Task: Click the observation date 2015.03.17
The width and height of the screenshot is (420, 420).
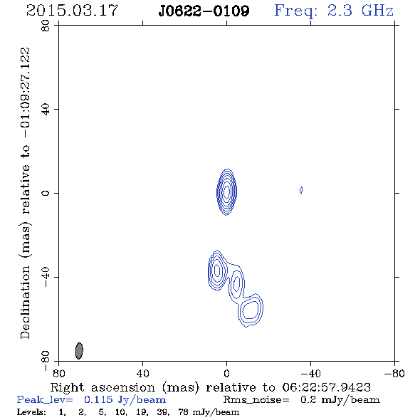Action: tap(72, 11)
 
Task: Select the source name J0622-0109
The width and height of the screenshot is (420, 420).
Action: tap(204, 11)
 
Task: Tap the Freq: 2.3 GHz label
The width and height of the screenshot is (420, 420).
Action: tap(334, 11)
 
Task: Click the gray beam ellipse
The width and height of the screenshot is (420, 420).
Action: tap(79, 351)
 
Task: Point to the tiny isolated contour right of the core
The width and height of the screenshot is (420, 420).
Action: tap(301, 190)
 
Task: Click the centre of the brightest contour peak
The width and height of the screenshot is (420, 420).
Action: tap(226, 191)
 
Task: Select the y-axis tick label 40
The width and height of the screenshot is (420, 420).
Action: tap(46, 110)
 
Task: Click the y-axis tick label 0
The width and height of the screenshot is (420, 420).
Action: tap(46, 193)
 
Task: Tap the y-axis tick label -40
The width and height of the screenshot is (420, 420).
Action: tap(46, 277)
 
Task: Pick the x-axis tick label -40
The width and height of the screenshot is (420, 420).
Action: tap(310, 373)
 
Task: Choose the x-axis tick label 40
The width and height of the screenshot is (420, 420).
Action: tap(142, 373)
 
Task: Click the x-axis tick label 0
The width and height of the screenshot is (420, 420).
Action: tap(226, 373)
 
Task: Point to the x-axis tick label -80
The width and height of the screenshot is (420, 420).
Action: tap(394, 373)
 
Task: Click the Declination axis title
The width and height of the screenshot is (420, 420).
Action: tap(25, 193)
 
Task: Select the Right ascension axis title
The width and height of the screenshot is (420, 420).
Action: tap(211, 387)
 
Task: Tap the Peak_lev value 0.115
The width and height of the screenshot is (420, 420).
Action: tap(98, 399)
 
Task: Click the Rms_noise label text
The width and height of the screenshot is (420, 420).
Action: tap(256, 400)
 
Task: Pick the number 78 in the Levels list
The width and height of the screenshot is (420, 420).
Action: tap(183, 412)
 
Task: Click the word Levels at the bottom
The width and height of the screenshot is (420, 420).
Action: tap(31, 412)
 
